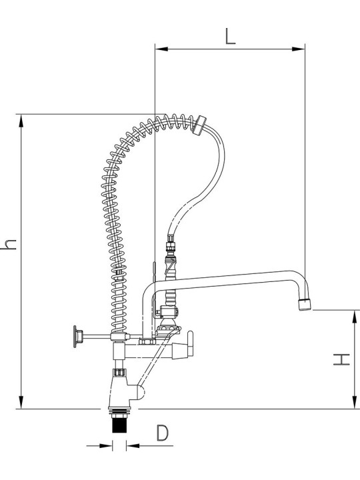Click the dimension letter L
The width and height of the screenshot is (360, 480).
(x=231, y=36)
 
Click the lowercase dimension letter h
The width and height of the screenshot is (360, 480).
(x=8, y=244)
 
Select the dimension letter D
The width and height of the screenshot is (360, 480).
(x=162, y=433)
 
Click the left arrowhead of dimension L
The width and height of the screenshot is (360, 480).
(x=161, y=49)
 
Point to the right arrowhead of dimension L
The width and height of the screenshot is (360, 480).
(x=299, y=49)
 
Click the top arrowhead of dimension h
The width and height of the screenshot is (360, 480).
(x=21, y=121)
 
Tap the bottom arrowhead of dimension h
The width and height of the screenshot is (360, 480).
(x=21, y=402)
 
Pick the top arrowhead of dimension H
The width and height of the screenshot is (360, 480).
(x=355, y=317)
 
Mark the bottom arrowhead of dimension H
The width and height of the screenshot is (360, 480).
(x=355, y=401)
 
